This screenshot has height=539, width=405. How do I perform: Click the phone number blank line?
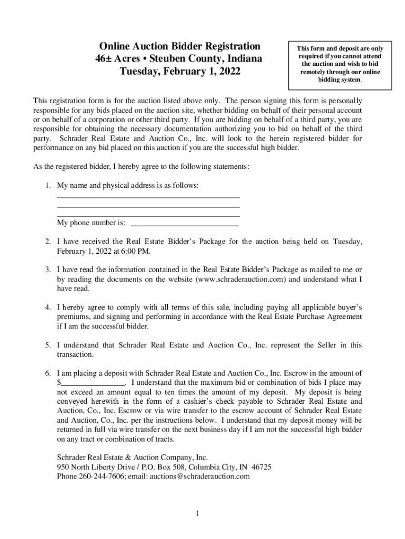[x=185, y=225]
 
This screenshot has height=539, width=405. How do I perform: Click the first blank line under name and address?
[x=148, y=197]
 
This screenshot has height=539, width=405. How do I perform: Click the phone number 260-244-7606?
[x=102, y=476]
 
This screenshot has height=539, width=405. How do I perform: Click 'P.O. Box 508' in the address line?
[x=153, y=467]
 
